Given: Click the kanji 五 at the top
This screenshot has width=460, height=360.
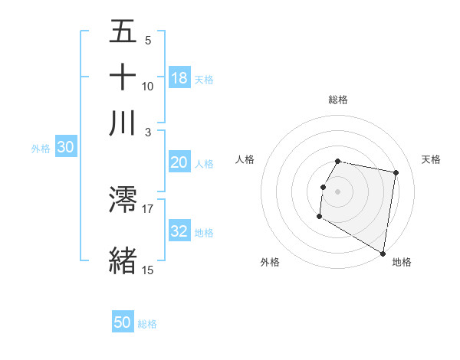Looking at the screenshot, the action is [123, 32].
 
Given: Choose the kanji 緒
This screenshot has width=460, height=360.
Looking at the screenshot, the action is [123, 259].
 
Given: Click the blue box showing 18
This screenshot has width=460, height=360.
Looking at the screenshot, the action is [179, 78].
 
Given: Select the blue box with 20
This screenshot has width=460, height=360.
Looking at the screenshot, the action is [179, 162].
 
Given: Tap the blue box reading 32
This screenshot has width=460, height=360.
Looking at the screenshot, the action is [179, 232].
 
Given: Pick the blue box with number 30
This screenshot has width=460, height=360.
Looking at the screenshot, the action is [65, 148].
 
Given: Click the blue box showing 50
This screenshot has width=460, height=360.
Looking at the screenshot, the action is [123, 322].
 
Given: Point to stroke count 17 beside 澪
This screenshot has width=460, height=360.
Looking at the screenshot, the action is [148, 208].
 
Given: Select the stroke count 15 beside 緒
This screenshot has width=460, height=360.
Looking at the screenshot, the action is [148, 269].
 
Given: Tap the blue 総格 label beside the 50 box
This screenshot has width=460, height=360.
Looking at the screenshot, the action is [147, 324].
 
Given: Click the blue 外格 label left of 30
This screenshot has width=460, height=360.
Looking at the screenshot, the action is [41, 149].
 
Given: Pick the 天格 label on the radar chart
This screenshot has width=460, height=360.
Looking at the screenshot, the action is [432, 159].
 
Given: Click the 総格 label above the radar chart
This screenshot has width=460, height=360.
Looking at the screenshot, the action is [338, 100].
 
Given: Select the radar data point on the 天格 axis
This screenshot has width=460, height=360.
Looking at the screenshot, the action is [396, 173].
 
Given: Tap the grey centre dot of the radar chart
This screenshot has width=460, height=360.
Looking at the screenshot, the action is [338, 191].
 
